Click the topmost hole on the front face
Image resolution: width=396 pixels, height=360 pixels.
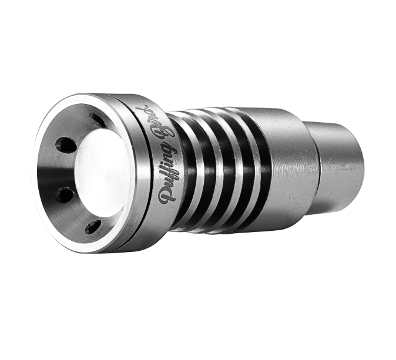(x=98, y=120)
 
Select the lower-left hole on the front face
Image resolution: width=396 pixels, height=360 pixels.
(x=65, y=194)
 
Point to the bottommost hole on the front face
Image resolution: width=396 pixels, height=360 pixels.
(x=93, y=227)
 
